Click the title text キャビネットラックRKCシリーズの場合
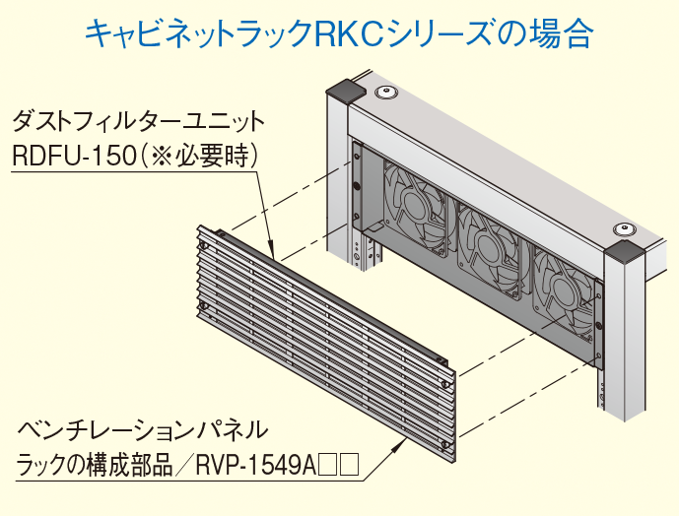(x=339, y=35)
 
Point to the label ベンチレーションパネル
(x=143, y=429)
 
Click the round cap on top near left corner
(x=386, y=95)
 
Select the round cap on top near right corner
(x=625, y=229)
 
